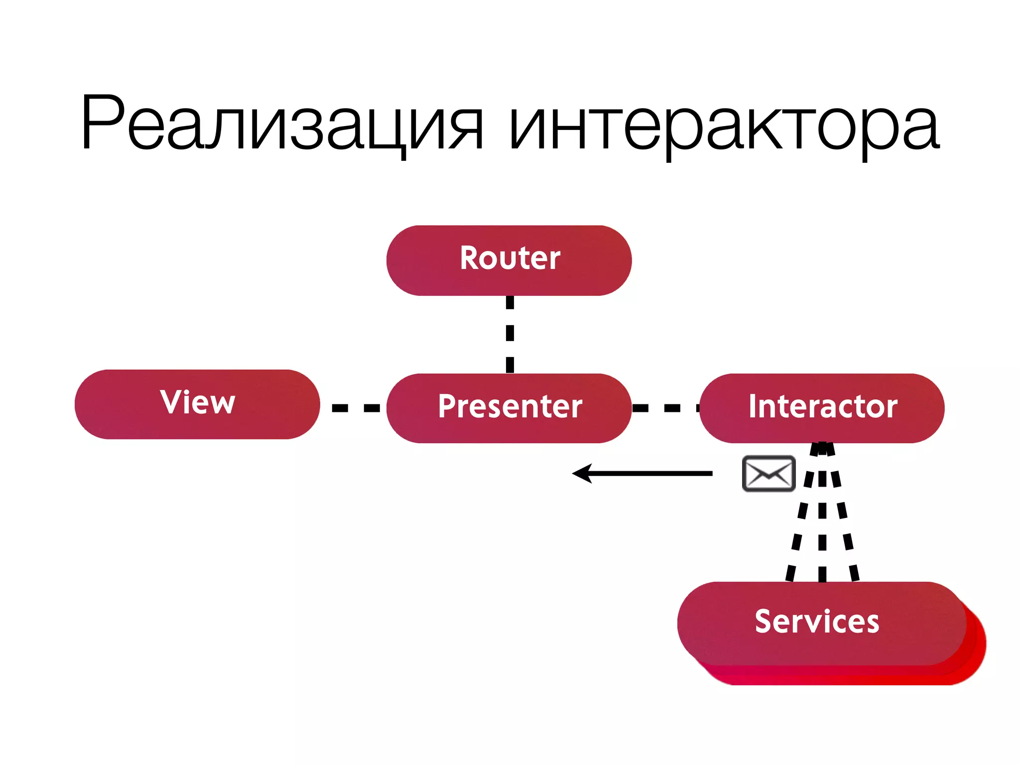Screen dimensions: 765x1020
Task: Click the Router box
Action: click(509, 260)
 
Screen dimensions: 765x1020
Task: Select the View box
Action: click(197, 404)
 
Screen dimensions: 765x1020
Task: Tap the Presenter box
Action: click(509, 407)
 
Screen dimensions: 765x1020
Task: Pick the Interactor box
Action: click(822, 407)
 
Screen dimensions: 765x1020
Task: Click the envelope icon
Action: click(768, 473)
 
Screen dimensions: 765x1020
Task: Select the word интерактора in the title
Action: click(725, 125)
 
